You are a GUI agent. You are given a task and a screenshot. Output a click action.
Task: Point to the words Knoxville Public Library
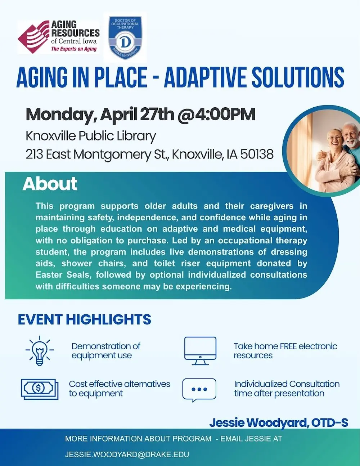click(x=91, y=136)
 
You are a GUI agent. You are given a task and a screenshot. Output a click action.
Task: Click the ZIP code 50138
click(x=257, y=154)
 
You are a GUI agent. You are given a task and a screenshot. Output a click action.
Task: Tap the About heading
click(x=50, y=184)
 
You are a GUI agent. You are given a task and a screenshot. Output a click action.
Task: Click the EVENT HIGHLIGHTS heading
click(x=85, y=319)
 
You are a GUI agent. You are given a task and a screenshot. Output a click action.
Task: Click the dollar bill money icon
click(x=39, y=389)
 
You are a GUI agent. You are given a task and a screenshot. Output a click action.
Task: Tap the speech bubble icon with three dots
click(x=199, y=390)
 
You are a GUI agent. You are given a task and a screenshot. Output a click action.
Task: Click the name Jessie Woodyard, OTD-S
click(x=279, y=422)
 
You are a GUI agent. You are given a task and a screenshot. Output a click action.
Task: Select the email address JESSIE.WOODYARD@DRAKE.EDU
click(x=127, y=454)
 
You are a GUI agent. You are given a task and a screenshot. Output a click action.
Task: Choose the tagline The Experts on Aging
click(x=74, y=49)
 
